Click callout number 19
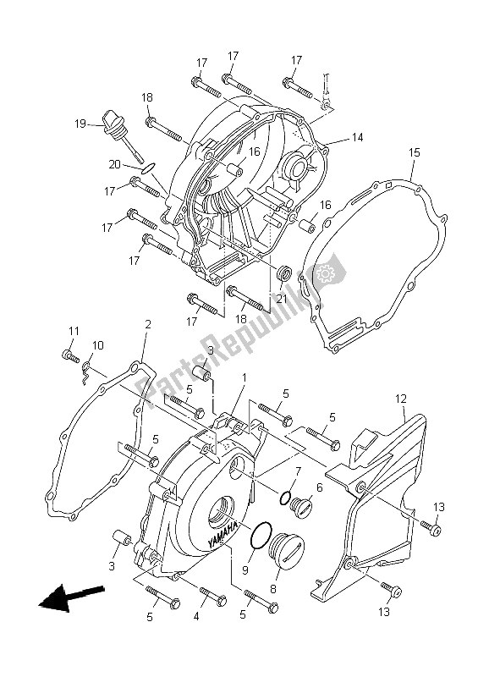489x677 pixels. click(80, 124)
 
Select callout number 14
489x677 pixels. click(357, 138)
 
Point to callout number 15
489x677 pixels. click(414, 152)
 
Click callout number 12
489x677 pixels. click(400, 399)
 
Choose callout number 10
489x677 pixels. click(97, 346)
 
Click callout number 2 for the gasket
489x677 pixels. click(147, 325)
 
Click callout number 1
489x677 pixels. click(244, 377)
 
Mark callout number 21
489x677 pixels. click(282, 298)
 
